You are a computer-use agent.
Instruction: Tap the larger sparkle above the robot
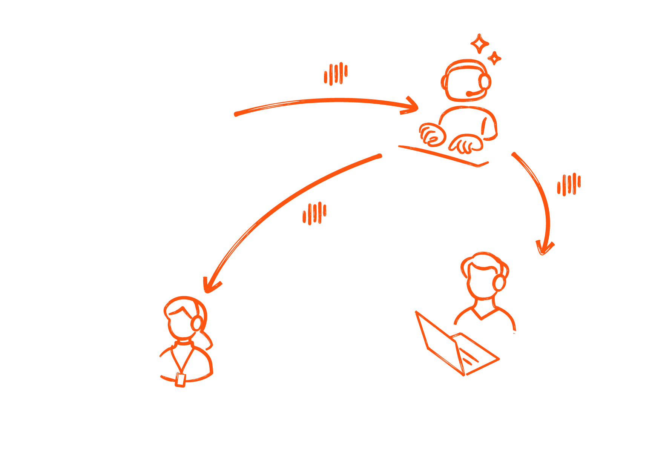(x=480, y=44)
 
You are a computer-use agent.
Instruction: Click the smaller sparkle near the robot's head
(x=494, y=58)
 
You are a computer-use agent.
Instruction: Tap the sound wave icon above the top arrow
(x=336, y=74)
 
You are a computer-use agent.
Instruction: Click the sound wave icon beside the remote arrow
(x=569, y=184)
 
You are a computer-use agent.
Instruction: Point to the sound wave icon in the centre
(x=314, y=213)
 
